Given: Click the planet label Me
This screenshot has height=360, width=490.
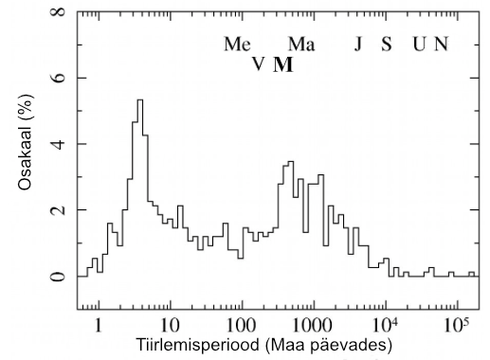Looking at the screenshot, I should click(x=237, y=45).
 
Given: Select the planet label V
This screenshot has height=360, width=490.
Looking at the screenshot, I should click(x=258, y=64).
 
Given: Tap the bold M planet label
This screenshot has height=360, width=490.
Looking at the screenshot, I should click(x=283, y=64).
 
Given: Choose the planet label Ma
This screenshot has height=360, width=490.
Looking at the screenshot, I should click(x=301, y=45).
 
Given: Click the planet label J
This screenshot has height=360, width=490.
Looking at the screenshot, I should click(x=358, y=45).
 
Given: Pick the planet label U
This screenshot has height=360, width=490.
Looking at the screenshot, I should click(x=418, y=45).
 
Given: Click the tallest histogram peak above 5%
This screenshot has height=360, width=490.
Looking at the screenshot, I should click(x=140, y=100).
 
